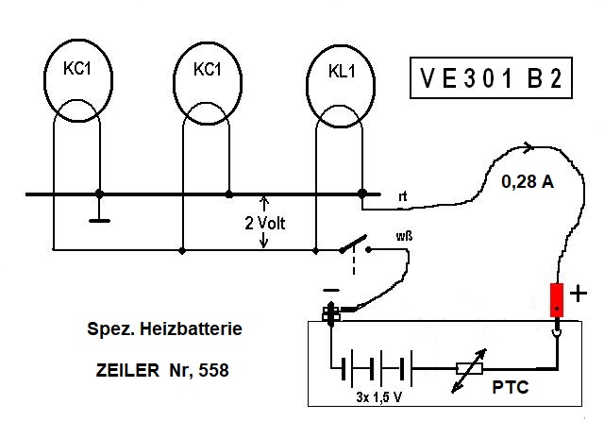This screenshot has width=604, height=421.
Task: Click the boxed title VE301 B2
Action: [490, 79]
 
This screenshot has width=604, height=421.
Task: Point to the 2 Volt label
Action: [263, 224]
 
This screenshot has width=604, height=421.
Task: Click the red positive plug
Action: [558, 302]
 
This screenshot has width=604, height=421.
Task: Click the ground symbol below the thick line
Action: [98, 220]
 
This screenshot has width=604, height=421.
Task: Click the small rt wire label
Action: [403, 196]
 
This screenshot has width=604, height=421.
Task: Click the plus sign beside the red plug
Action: [579, 294]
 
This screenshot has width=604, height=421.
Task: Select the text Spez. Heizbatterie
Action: [158, 330]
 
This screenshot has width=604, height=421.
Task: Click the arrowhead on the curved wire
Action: [528, 146]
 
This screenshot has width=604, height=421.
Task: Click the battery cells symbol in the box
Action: [377, 368]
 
